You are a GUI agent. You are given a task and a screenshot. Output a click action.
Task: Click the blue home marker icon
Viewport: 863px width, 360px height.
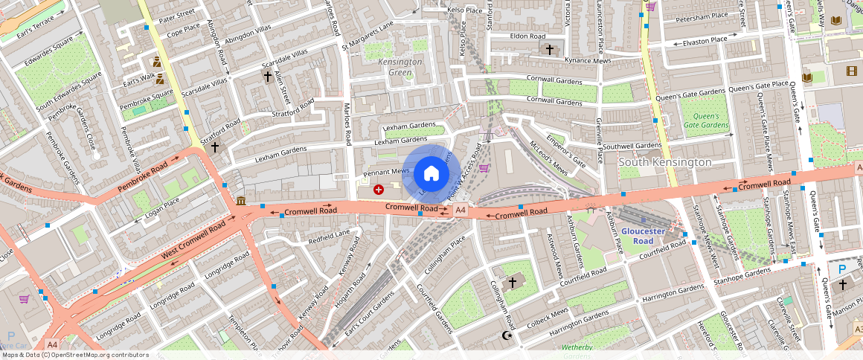pos(431,174)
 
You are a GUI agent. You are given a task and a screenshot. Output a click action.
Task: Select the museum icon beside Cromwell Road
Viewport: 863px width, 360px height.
pos(241,201)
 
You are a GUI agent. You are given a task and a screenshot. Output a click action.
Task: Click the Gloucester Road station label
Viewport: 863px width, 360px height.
pos(638,236)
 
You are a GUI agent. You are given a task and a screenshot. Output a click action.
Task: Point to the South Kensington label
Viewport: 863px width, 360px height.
pos(665,161)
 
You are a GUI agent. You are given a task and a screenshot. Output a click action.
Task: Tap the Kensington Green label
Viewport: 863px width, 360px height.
pos(400,67)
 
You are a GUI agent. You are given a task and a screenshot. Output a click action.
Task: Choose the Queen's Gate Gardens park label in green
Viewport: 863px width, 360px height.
pos(706,120)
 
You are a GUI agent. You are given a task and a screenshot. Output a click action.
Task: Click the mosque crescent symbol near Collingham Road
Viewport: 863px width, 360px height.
pos(507,336)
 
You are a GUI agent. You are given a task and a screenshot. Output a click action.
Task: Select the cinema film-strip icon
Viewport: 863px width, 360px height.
pos(850,71)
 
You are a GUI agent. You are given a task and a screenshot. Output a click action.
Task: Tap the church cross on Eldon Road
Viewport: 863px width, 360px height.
pos(550,50)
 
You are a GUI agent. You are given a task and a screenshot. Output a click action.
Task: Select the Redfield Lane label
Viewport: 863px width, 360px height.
pos(329,238)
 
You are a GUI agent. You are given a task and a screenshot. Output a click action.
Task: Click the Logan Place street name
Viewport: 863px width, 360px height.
pos(162,207)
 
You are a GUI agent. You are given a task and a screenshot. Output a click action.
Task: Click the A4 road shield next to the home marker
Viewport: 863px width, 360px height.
pos(461,211)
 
